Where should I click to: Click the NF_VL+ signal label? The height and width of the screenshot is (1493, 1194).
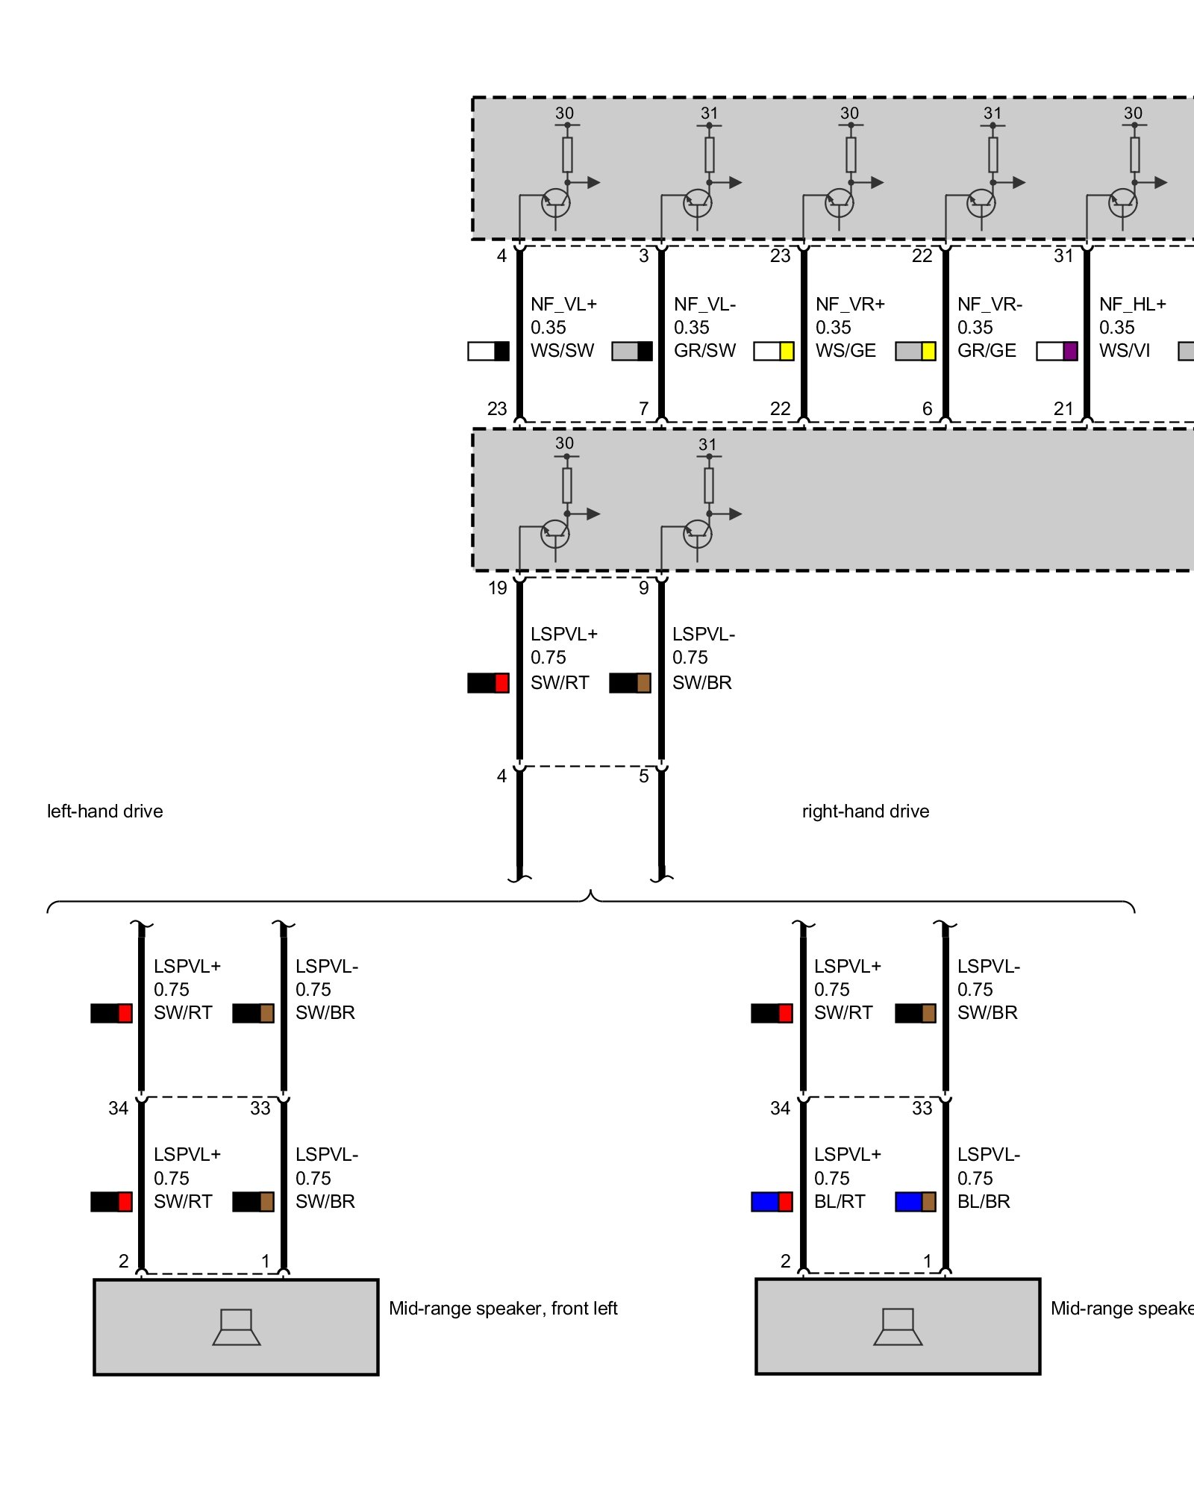point(563,305)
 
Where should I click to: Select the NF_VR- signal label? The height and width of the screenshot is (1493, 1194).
point(990,305)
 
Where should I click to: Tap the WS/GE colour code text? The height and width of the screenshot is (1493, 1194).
point(846,351)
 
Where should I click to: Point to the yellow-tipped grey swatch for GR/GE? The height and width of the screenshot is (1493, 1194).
point(916,351)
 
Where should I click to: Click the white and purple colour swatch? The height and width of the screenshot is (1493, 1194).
point(1057,351)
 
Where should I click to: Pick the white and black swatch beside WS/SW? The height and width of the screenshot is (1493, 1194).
point(488,351)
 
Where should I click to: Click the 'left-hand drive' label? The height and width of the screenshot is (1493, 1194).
point(105,811)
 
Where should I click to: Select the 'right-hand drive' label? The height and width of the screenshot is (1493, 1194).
point(866,811)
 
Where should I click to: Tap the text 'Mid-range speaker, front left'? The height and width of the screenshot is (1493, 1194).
point(503,1309)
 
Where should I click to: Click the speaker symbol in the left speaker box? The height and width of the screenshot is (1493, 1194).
point(237,1327)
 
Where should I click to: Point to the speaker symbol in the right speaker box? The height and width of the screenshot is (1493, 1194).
point(898,1327)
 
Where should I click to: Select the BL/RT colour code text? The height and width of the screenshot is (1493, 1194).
point(840,1202)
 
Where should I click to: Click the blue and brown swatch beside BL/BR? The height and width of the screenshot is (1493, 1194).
point(916,1202)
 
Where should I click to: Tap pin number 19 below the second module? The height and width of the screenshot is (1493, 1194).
point(498,588)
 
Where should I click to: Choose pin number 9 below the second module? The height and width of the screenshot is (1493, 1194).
point(643,588)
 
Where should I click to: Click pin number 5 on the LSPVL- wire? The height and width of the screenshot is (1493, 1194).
point(643,776)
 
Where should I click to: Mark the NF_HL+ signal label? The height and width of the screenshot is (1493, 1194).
point(1132,305)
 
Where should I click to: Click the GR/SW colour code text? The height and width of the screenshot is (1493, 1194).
point(704,351)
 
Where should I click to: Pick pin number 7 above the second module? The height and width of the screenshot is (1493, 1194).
point(643,409)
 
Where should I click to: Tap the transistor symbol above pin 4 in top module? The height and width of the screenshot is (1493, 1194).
point(555,202)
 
